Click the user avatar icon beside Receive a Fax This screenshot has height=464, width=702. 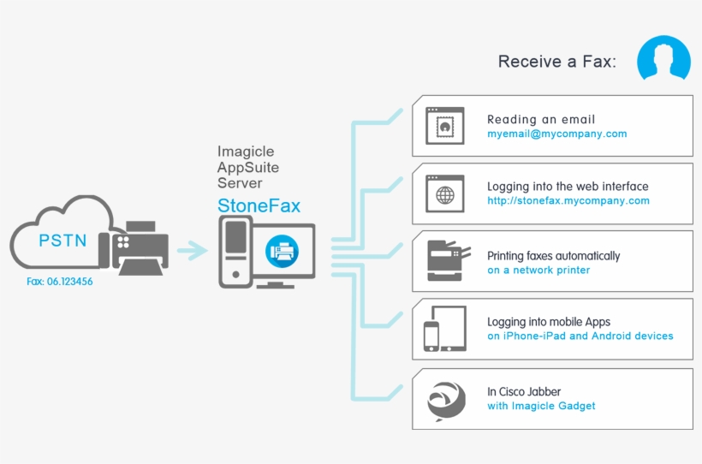[664, 58]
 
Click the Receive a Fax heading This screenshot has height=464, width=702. [556, 62]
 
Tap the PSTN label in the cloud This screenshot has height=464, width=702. [62, 240]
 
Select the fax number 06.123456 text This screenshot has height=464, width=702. [59, 280]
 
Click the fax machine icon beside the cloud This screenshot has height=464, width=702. [134, 247]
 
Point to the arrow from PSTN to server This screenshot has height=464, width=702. [192, 251]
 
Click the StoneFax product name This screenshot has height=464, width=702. [259, 205]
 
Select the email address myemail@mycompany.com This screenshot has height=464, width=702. [557, 134]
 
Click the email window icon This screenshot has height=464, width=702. [444, 125]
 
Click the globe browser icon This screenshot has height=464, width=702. [444, 193]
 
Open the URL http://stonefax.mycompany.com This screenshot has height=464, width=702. [568, 201]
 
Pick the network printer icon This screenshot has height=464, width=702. [448, 261]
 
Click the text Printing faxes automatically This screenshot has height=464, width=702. [553, 256]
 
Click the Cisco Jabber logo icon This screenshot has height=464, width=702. [445, 398]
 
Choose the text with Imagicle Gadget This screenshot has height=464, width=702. [541, 406]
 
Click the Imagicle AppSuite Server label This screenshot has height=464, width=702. [248, 167]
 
